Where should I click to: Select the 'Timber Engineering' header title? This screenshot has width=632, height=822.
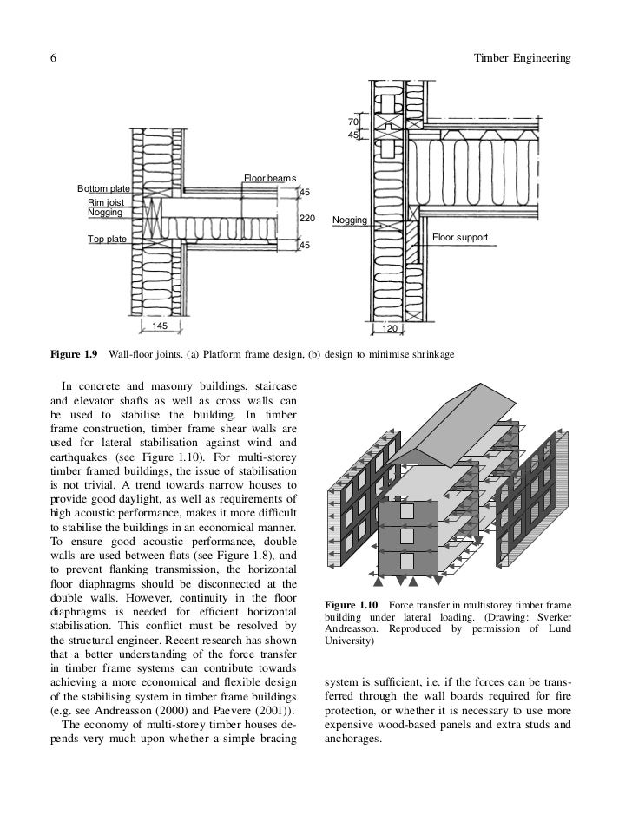pyautogui.click(x=524, y=58)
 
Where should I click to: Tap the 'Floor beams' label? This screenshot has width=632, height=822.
pyautogui.click(x=269, y=178)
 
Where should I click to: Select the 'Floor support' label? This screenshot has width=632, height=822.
pyautogui.click(x=460, y=237)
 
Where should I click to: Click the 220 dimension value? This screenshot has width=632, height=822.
pyautogui.click(x=307, y=218)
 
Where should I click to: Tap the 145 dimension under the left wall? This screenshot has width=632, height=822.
pyautogui.click(x=161, y=326)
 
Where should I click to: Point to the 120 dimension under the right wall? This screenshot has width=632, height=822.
pyautogui.click(x=391, y=330)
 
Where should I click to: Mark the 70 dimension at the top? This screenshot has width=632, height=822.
pyautogui.click(x=353, y=122)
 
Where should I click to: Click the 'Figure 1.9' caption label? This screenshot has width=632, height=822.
pyautogui.click(x=74, y=355)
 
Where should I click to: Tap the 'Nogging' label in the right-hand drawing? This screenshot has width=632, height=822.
pyautogui.click(x=349, y=221)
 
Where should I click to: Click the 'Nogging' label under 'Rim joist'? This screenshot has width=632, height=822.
pyautogui.click(x=105, y=212)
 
